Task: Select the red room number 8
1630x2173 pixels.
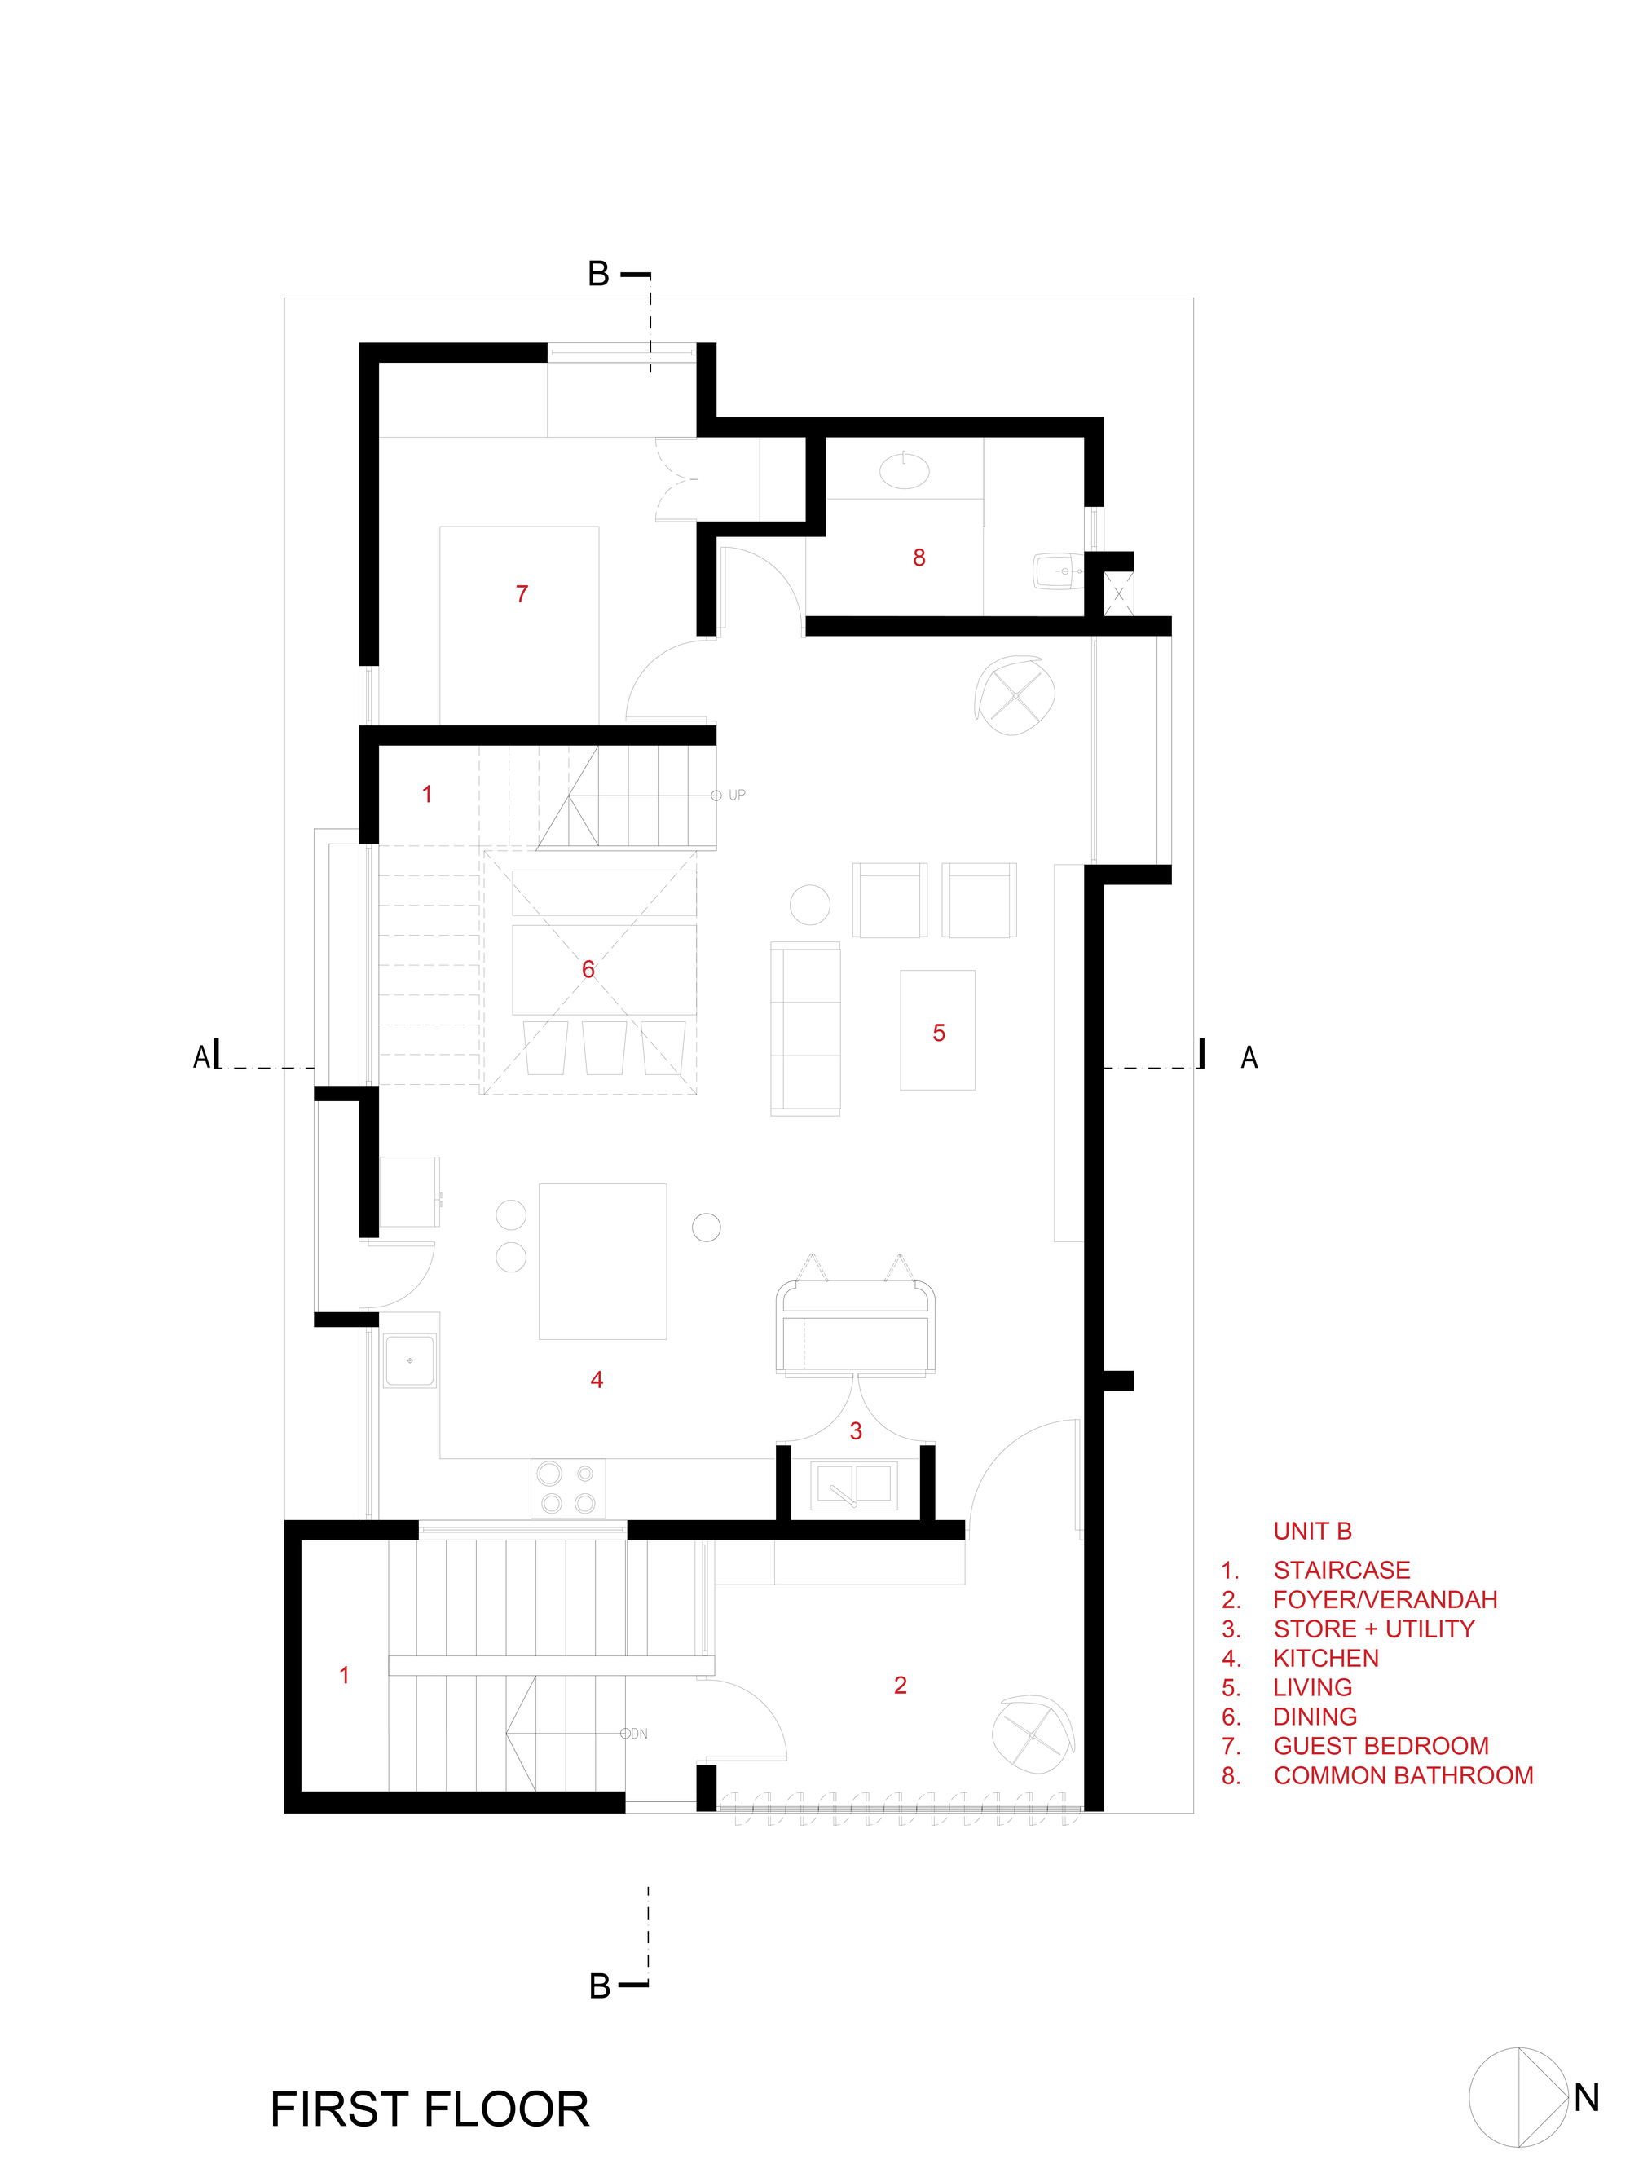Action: tap(919, 558)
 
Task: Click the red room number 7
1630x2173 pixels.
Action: tap(522, 594)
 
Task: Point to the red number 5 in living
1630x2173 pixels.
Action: tap(938, 1034)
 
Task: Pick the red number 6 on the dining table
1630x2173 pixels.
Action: tap(588, 970)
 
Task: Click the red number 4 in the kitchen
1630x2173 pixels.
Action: tap(597, 1380)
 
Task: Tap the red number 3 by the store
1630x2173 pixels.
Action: tap(855, 1431)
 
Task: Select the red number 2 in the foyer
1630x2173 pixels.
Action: tap(900, 1686)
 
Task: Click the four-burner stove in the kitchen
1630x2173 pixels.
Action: tap(568, 1488)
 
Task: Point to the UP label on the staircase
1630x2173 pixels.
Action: tap(736, 796)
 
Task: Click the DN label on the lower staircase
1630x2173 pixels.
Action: tap(639, 1734)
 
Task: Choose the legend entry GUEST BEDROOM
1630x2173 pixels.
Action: tap(1380, 1746)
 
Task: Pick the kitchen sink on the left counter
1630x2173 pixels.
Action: tap(410, 1360)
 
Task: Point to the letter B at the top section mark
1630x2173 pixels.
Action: tap(598, 274)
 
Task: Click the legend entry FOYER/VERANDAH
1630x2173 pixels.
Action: tap(1385, 1599)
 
